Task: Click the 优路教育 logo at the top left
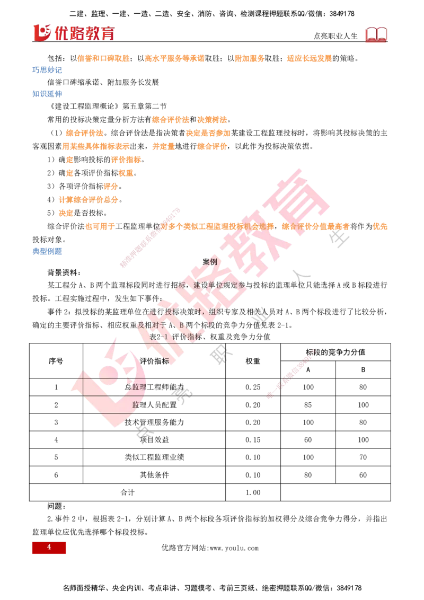[x=74, y=33]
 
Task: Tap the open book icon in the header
[x=376, y=34]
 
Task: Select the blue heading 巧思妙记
[x=47, y=69]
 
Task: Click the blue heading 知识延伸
[x=47, y=94]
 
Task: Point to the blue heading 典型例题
[x=47, y=251]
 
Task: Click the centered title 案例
[x=210, y=262]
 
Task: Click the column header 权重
[x=253, y=361]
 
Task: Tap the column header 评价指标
[x=154, y=361]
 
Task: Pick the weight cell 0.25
[x=253, y=387]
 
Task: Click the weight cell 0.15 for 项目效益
[x=253, y=440]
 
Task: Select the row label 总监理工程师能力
[x=154, y=387]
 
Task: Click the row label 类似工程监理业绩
[x=154, y=457]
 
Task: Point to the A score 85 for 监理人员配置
[x=308, y=405]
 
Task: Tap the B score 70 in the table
[x=363, y=457]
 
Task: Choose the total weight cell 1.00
[x=253, y=492]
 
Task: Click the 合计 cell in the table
[x=127, y=492]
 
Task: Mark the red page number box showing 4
[x=49, y=548]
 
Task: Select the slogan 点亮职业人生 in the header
[x=335, y=36]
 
